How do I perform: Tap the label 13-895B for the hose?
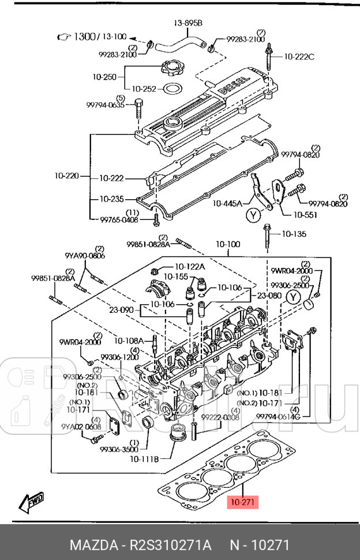pos(188,24)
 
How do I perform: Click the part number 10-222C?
pos(299,57)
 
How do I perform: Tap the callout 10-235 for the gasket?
pos(111,199)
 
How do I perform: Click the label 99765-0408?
pos(119,219)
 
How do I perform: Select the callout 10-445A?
pos(227,203)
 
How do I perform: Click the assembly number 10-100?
pos(228,244)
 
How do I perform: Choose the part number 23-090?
pos(122,309)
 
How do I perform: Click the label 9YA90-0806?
pos(84,255)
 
